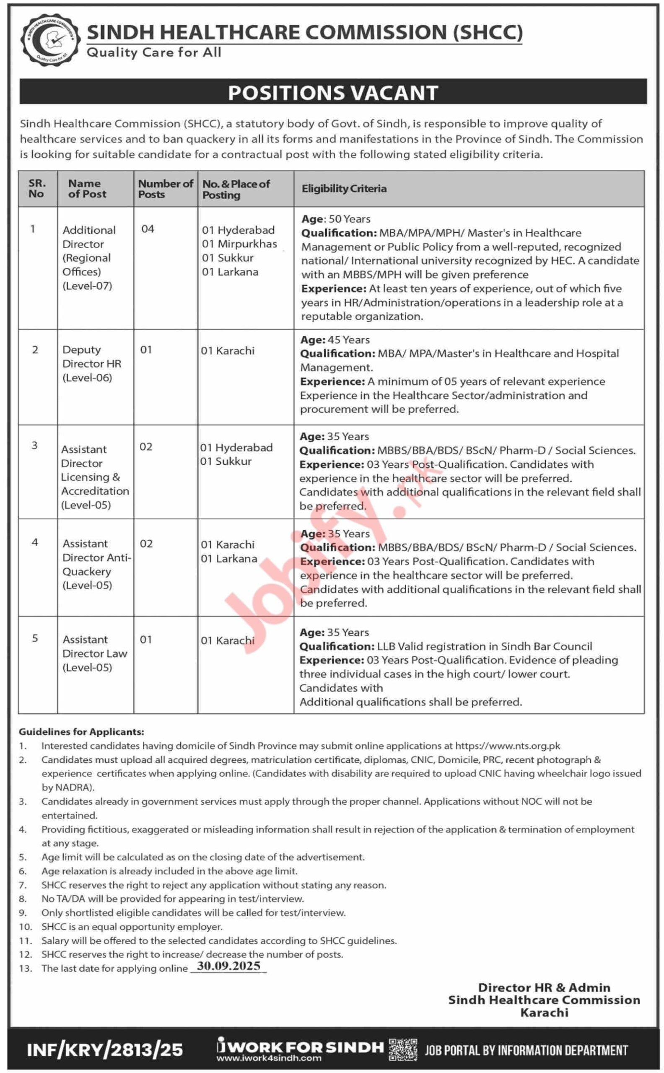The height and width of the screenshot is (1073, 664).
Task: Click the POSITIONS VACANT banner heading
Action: pos(332,93)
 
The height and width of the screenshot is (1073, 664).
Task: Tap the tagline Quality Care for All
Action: pos(154,53)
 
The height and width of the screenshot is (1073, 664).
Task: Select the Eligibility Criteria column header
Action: pos(344,189)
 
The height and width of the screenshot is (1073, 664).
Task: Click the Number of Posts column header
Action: pos(165,189)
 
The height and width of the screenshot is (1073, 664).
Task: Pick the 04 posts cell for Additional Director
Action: pos(148,229)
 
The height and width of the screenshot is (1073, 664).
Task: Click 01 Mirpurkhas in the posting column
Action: pos(239,244)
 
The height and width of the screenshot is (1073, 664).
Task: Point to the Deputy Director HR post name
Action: pos(91,363)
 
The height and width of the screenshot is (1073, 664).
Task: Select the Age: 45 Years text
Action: pos(335,340)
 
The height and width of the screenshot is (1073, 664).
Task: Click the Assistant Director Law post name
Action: pos(94,653)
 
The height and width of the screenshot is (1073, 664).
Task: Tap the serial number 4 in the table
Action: pos(35,543)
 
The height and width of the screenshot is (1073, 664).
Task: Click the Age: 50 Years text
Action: pos(335,219)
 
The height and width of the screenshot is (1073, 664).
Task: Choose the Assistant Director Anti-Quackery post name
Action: pos(96,564)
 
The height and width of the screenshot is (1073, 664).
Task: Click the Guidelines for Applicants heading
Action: pos(81,732)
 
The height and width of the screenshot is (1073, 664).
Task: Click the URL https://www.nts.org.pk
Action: pos(508,746)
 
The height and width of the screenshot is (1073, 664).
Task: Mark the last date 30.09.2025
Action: pos(228,966)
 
